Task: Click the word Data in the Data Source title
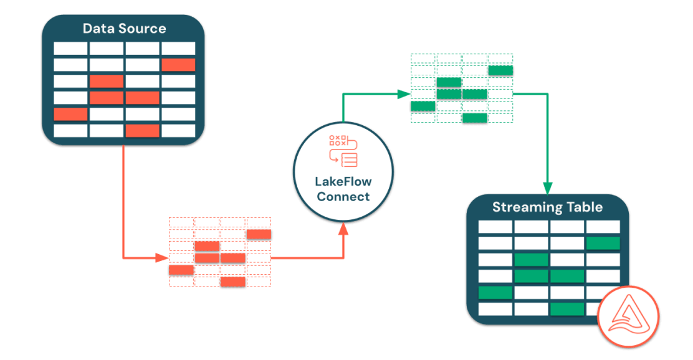tap(96, 29)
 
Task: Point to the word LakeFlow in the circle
tap(343, 182)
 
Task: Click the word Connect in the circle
tap(343, 197)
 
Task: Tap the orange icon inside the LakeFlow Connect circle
tap(343, 150)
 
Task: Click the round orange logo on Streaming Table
tap(628, 316)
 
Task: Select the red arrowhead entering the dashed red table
tap(163, 257)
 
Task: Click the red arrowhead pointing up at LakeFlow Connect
tap(343, 230)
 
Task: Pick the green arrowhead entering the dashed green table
tap(404, 94)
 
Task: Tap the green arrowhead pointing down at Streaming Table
tap(548, 187)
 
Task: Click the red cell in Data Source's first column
tap(70, 114)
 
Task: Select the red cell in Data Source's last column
tap(178, 65)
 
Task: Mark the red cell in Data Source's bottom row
tap(142, 131)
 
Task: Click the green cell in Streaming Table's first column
tap(495, 293)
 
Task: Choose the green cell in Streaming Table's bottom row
tap(567, 309)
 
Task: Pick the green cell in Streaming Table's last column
tap(603, 244)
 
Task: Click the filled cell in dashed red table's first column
tap(181, 270)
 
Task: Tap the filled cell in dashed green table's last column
tap(500, 70)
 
